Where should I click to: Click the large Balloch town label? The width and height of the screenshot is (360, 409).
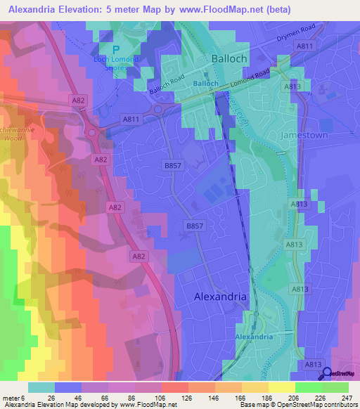point(229,59)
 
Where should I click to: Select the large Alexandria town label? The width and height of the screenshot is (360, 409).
point(220,297)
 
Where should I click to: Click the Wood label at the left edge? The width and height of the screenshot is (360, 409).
point(13,139)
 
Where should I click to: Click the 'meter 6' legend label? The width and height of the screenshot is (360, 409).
point(13,398)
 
